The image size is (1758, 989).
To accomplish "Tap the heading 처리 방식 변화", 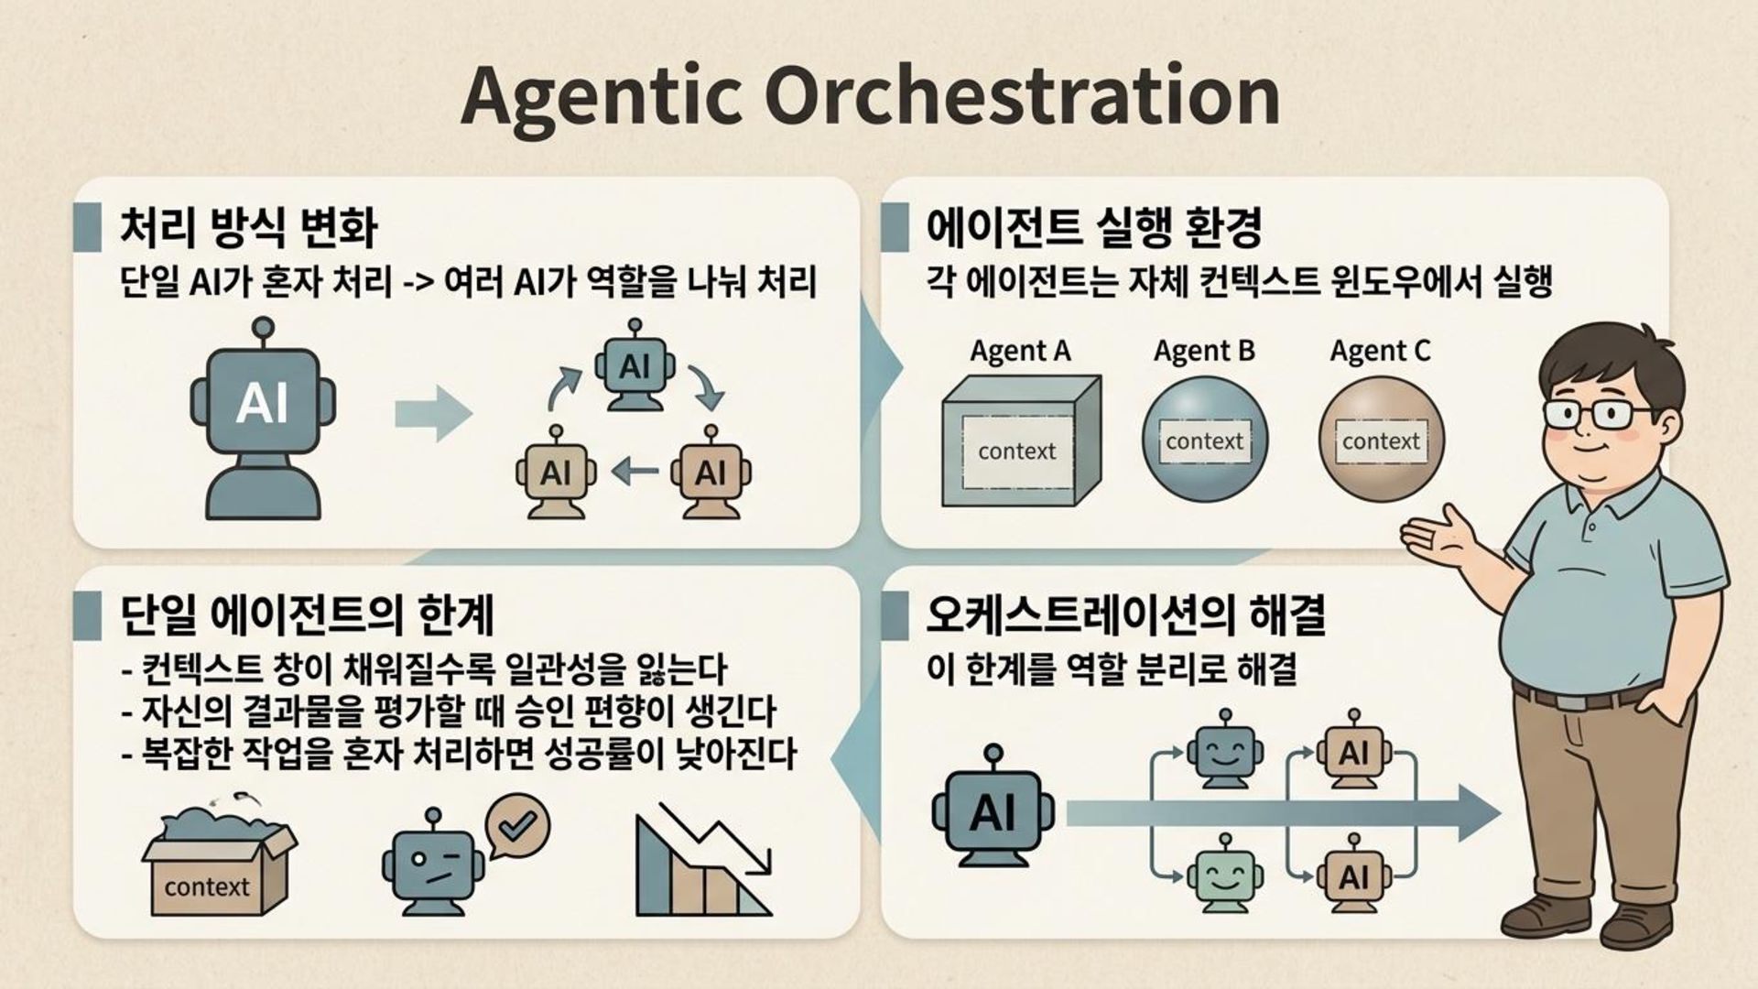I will pyautogui.click(x=247, y=228).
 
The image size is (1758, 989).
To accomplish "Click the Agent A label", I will pyautogui.click(x=1020, y=351).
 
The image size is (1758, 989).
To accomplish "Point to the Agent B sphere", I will pyautogui.click(x=1204, y=440).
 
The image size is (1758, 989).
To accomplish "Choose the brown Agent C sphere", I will pyautogui.click(x=1381, y=440).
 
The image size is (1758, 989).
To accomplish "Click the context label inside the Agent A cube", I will pyautogui.click(x=1016, y=451).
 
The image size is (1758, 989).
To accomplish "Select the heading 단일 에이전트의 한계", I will pyautogui.click(x=307, y=615).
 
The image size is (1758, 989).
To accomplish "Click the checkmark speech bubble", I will pyautogui.click(x=516, y=825).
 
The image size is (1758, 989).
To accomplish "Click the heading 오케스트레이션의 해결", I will pyautogui.click(x=1125, y=615).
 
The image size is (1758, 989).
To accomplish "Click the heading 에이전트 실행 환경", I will pyautogui.click(x=1094, y=228).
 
